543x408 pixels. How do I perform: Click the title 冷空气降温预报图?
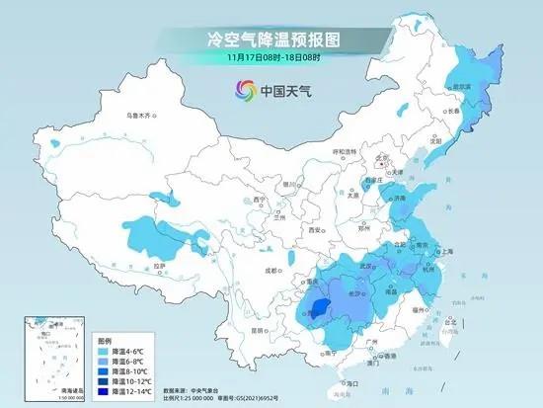click(x=271, y=41)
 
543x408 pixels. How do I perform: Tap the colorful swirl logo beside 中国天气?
click(x=243, y=91)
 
